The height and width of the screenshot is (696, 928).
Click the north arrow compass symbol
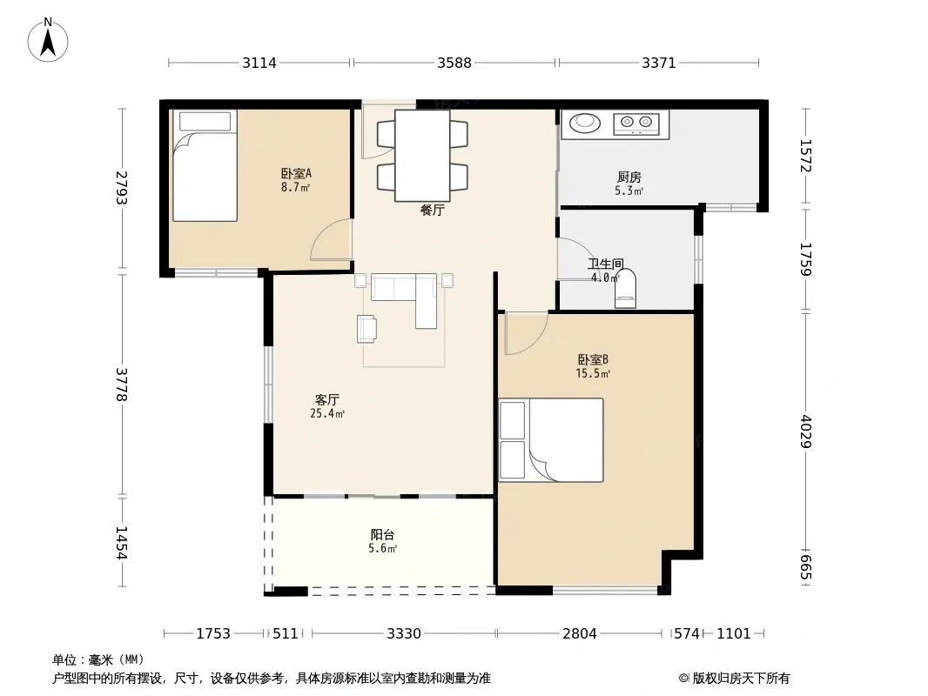48,40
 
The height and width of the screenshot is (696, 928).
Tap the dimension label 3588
454,63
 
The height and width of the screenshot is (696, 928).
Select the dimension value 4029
805,431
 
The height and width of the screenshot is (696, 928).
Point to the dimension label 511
286,633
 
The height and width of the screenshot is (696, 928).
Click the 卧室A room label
296,173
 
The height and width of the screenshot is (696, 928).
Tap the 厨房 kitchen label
629,177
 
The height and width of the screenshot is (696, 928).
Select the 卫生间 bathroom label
605,264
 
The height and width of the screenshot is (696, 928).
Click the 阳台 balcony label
382,534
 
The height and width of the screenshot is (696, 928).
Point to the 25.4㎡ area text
327,413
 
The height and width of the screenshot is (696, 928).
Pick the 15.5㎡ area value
593,373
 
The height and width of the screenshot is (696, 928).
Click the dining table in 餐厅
422,156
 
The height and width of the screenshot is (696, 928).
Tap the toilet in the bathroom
626,289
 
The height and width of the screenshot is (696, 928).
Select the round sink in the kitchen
585,123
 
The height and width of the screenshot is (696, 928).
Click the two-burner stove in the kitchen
636,124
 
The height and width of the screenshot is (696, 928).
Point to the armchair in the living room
366,329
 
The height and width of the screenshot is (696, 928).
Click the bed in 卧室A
205,165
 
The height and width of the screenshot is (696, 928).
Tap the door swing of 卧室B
526,334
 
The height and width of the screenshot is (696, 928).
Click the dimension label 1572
805,156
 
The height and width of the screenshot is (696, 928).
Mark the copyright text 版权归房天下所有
740,679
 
